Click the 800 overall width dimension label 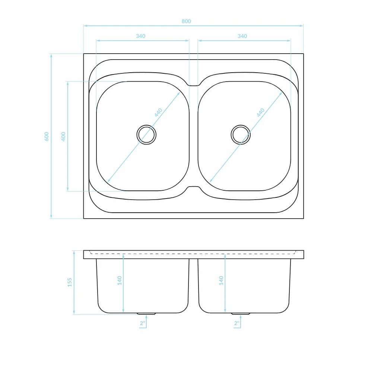186,21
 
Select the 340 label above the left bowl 141,36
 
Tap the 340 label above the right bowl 242,36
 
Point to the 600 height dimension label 47,136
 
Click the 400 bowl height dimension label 63,136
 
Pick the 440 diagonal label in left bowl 158,112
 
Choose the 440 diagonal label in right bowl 261,112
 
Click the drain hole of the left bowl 146,134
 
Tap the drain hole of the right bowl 241,134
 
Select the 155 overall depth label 70,282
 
